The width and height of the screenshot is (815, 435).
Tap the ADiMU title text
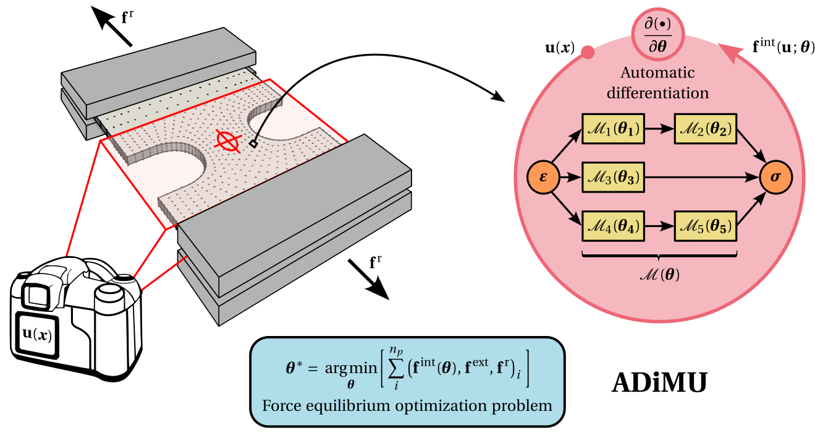[659, 383]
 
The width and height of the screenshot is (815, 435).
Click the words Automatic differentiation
[657, 83]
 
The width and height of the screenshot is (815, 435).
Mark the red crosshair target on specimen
[227, 141]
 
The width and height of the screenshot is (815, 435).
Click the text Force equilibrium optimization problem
[407, 407]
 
